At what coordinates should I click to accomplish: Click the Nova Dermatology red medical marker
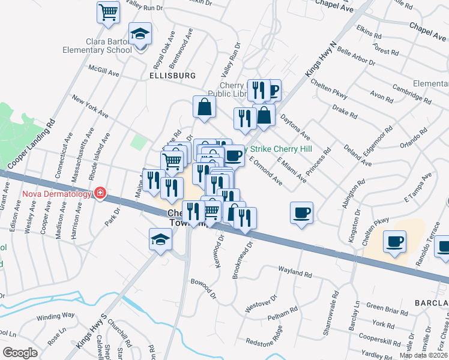[x=100, y=193]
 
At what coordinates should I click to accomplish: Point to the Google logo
[x=20, y=352]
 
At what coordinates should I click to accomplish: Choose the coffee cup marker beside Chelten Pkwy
[x=394, y=241]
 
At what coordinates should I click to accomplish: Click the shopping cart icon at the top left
[x=108, y=11]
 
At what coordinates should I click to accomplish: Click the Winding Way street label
[x=56, y=316]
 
